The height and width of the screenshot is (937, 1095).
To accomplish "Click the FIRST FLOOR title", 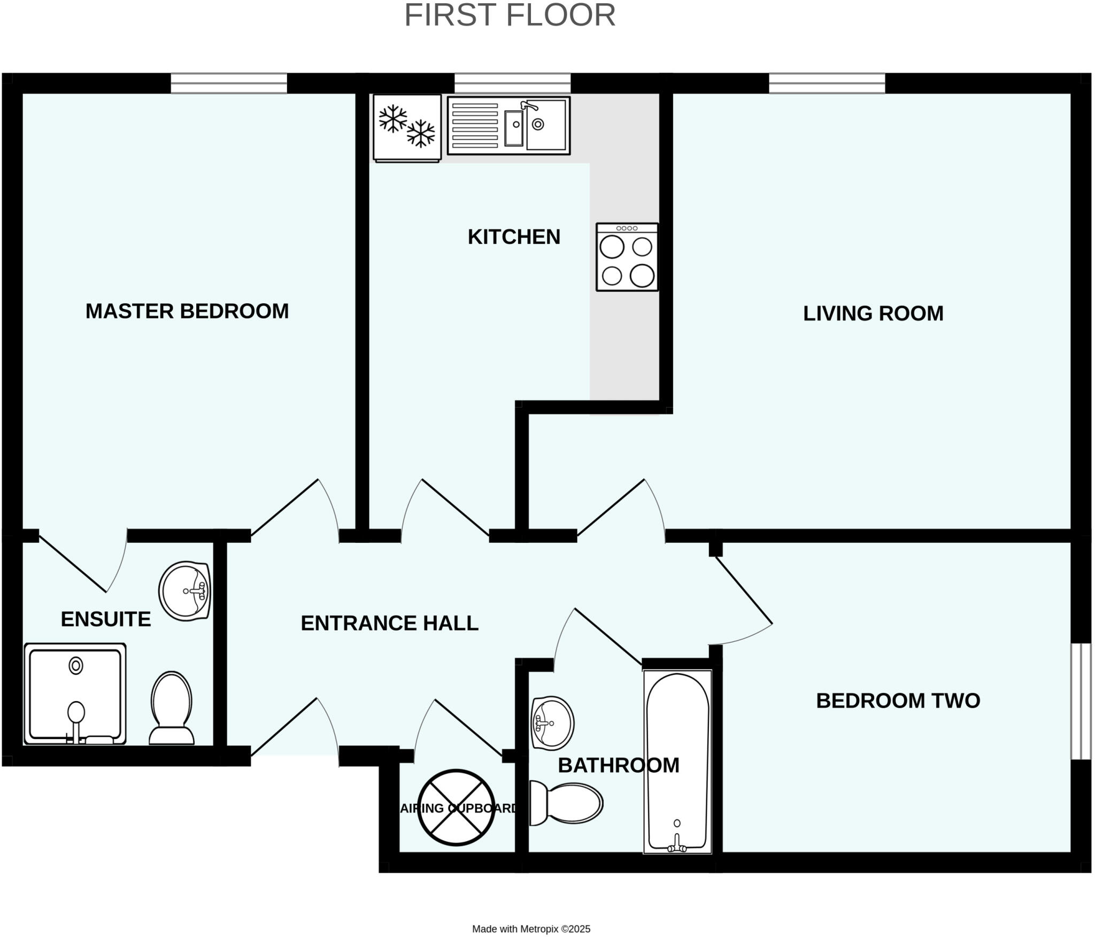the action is coord(510,15).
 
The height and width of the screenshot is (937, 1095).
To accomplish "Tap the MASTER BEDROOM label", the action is coord(187,311).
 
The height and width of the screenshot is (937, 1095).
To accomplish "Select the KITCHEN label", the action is coord(514,237).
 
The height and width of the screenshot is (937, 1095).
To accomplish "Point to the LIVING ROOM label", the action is coord(873,313).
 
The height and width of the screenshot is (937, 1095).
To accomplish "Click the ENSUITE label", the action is coord(106,619).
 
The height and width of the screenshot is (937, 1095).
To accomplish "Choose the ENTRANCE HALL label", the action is coord(389,623).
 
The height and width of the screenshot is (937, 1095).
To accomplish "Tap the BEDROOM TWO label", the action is coord(898,701).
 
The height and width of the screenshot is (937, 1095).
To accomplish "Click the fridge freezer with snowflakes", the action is coord(407,128).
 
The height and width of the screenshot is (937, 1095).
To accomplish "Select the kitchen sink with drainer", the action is coord(508,126).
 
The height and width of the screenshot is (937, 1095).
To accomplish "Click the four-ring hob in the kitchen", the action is coord(627,257).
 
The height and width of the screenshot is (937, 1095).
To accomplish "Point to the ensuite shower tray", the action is coord(75,694).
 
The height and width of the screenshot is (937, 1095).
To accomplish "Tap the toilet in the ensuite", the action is coord(172,708).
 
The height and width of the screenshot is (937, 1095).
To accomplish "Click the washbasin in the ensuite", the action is coord(185,592).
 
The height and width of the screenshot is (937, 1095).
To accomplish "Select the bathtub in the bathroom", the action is coord(677,762).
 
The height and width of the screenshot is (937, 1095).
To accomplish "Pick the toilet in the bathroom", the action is coord(566,803).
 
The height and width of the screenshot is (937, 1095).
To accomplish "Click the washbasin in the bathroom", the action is coord(552,723).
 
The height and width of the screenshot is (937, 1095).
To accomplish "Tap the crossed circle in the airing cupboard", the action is coord(456,808).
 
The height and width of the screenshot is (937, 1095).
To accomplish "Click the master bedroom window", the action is coord(229,83).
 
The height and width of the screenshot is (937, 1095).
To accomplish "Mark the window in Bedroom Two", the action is coord(1081,701).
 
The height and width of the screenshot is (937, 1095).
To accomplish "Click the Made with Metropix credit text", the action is coord(531,929).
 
